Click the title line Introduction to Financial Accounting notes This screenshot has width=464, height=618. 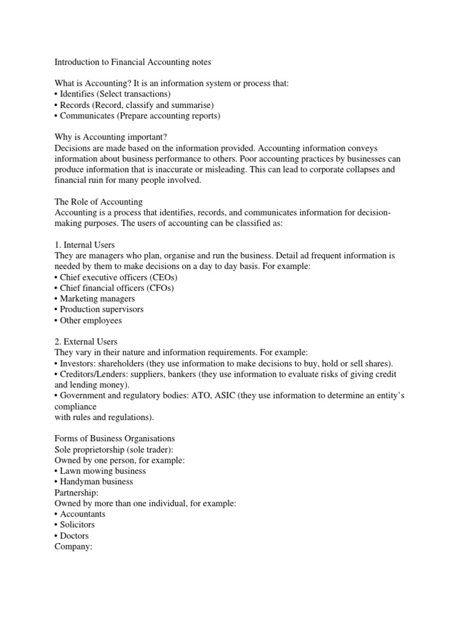click(133, 62)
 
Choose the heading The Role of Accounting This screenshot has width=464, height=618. click(98, 202)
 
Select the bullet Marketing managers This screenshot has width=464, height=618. click(95, 299)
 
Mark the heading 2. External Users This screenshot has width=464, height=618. click(86, 342)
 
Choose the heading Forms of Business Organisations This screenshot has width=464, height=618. click(115, 439)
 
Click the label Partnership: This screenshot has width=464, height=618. click(77, 492)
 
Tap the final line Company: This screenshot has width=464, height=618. click(72, 547)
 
